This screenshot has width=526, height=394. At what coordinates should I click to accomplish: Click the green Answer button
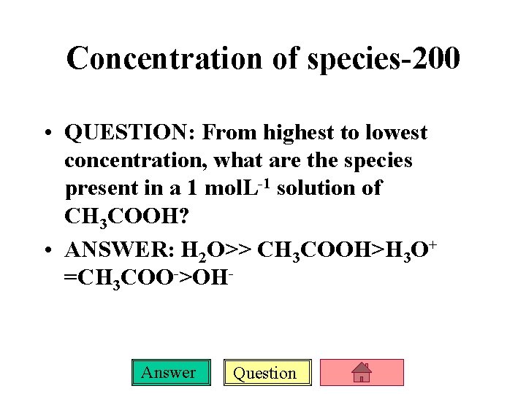(168, 373)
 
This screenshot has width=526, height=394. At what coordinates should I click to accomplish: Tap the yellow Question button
(264, 374)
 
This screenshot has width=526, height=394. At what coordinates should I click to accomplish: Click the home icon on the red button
(362, 373)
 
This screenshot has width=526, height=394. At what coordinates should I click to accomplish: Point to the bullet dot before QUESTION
(47, 134)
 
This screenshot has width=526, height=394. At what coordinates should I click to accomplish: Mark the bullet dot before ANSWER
(47, 252)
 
